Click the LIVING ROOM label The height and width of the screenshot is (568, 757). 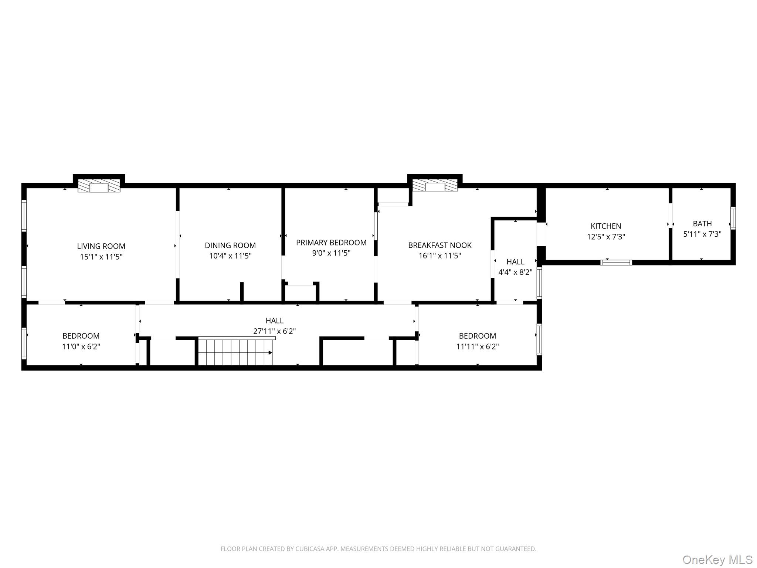pos(101,246)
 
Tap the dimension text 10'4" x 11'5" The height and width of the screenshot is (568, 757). pos(230,256)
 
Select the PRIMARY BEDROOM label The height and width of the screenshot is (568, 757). pos(331,243)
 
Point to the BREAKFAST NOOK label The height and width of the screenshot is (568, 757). pos(439,245)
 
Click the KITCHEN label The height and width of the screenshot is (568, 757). pos(605,226)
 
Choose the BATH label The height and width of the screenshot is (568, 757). pos(702,224)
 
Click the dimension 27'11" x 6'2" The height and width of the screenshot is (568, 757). pos(274,331)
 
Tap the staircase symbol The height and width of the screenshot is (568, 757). pos(235,352)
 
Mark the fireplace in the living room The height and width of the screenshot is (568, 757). pos(99,186)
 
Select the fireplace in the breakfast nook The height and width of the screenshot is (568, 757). pos(435,186)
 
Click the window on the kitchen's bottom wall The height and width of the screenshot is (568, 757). pos(616,263)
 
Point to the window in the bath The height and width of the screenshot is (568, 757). pos(733,218)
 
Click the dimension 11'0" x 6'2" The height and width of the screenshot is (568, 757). pos(81,346)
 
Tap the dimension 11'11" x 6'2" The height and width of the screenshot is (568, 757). pos(477,346)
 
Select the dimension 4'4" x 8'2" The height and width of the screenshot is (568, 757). pos(515,272)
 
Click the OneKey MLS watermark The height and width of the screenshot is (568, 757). pos(717,559)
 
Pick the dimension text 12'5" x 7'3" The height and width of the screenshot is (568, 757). pos(605,237)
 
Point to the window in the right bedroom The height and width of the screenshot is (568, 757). pos(539,339)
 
